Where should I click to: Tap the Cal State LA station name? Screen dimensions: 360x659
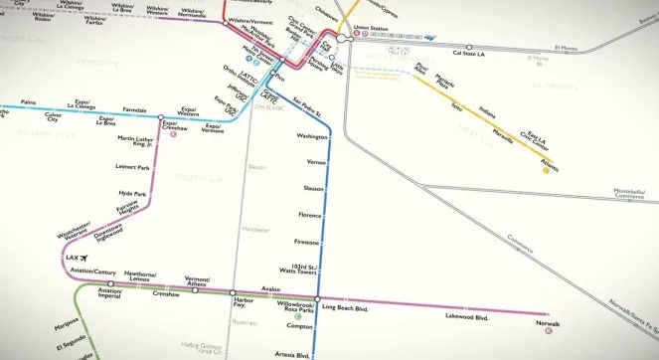(471, 54)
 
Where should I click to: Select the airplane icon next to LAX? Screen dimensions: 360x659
(83, 259)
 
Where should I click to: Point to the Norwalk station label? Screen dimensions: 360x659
(548, 323)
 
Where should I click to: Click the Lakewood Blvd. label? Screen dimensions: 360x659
(467, 318)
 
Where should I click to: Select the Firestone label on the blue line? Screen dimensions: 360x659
(306, 242)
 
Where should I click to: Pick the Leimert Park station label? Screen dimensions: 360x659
(131, 167)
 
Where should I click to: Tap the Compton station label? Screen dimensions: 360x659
(299, 326)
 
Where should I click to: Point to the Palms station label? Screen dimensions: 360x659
(28, 101)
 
